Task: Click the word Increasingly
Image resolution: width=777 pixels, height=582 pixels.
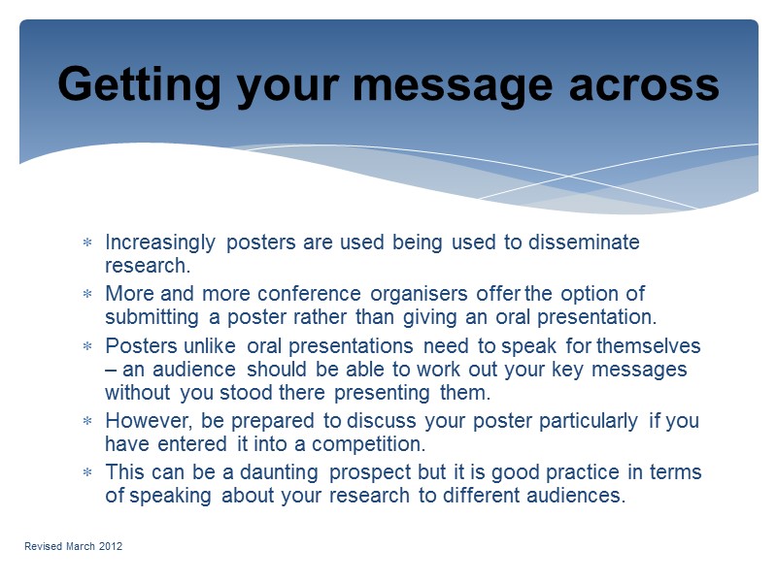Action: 160,242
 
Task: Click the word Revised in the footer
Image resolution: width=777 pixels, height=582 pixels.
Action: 42,547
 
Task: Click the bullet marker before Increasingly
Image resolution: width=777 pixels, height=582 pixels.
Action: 86,242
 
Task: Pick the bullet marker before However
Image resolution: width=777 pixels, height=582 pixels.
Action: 86,422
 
